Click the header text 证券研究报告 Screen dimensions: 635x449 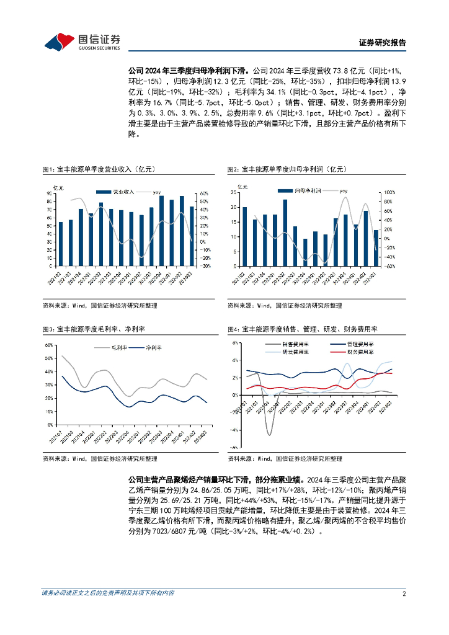[x=383, y=43]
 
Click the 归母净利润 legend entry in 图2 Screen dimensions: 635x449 [x=299, y=192]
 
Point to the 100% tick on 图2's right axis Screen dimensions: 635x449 [x=382, y=193]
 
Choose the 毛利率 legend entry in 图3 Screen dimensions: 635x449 [x=118, y=347]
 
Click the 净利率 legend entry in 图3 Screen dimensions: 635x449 [x=151, y=347]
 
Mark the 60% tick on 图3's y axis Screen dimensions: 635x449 [x=48, y=345]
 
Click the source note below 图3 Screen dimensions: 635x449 [x=100, y=459]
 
